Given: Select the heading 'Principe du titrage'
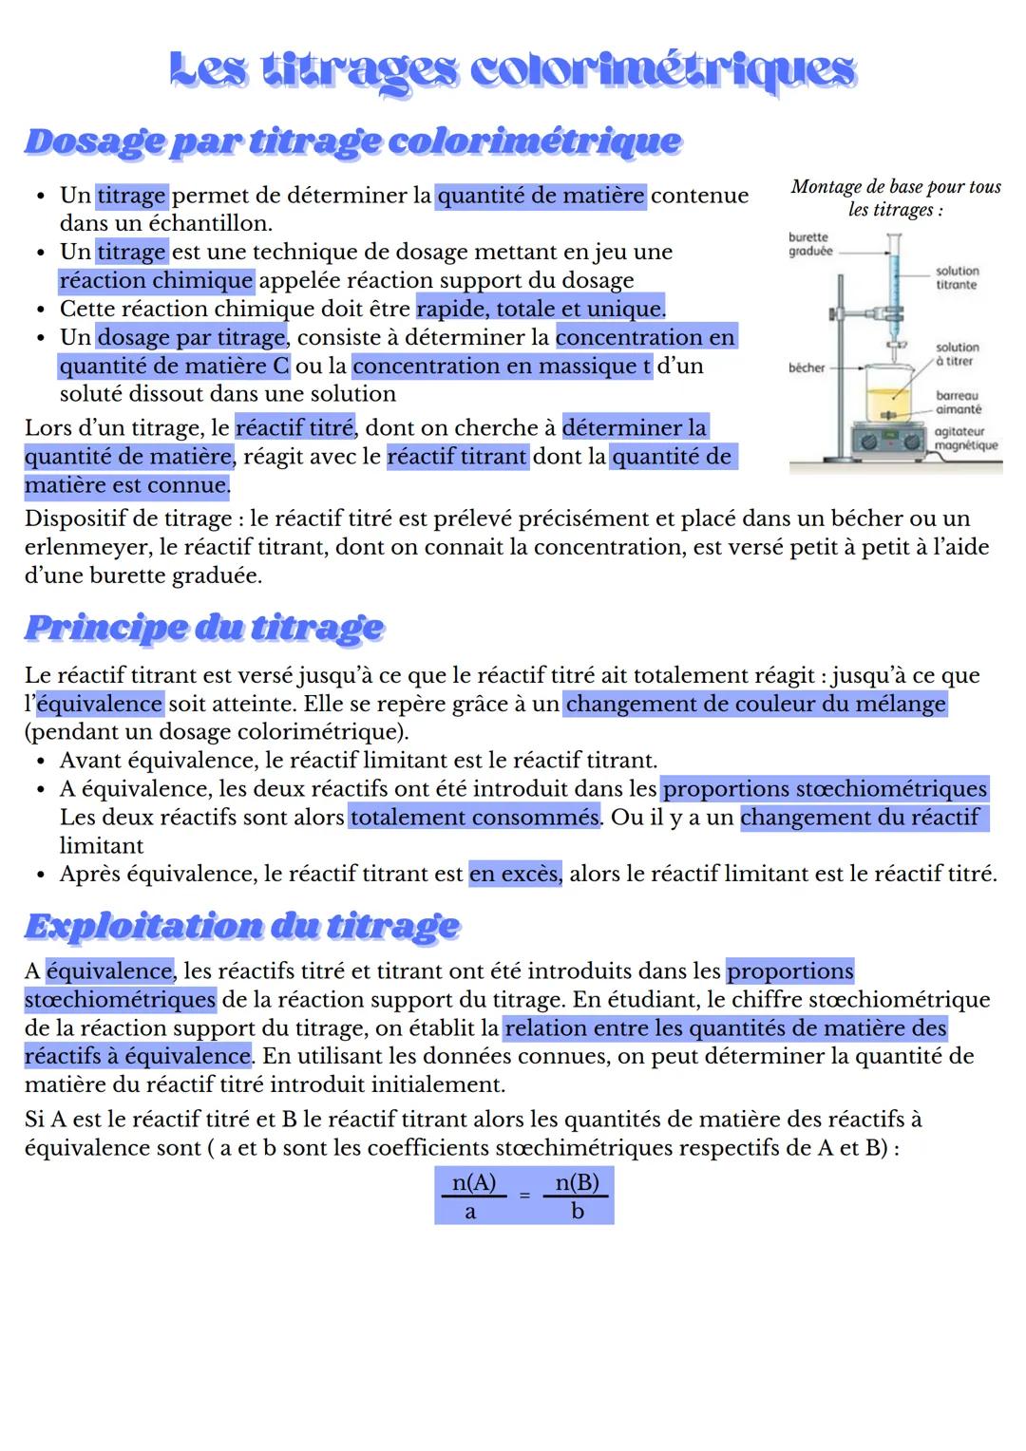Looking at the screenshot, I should pos(203,628).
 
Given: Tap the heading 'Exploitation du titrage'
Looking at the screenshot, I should pos(241,926).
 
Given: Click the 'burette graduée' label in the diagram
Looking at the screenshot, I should pos(809,244).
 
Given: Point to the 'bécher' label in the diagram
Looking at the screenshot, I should pos(806,367).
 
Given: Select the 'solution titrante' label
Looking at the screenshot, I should pos(957,278).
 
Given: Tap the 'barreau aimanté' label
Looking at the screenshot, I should pos(958,402).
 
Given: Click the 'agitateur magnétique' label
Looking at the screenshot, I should pos(965,439).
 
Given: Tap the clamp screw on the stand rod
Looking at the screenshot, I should pos(832,313).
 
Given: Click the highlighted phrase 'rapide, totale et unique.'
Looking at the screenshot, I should pos(541,310).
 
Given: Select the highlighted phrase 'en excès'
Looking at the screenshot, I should pos(514,874).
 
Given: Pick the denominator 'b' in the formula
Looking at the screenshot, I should pos(577,1212).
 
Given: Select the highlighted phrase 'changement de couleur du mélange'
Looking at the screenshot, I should pos(755,704).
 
